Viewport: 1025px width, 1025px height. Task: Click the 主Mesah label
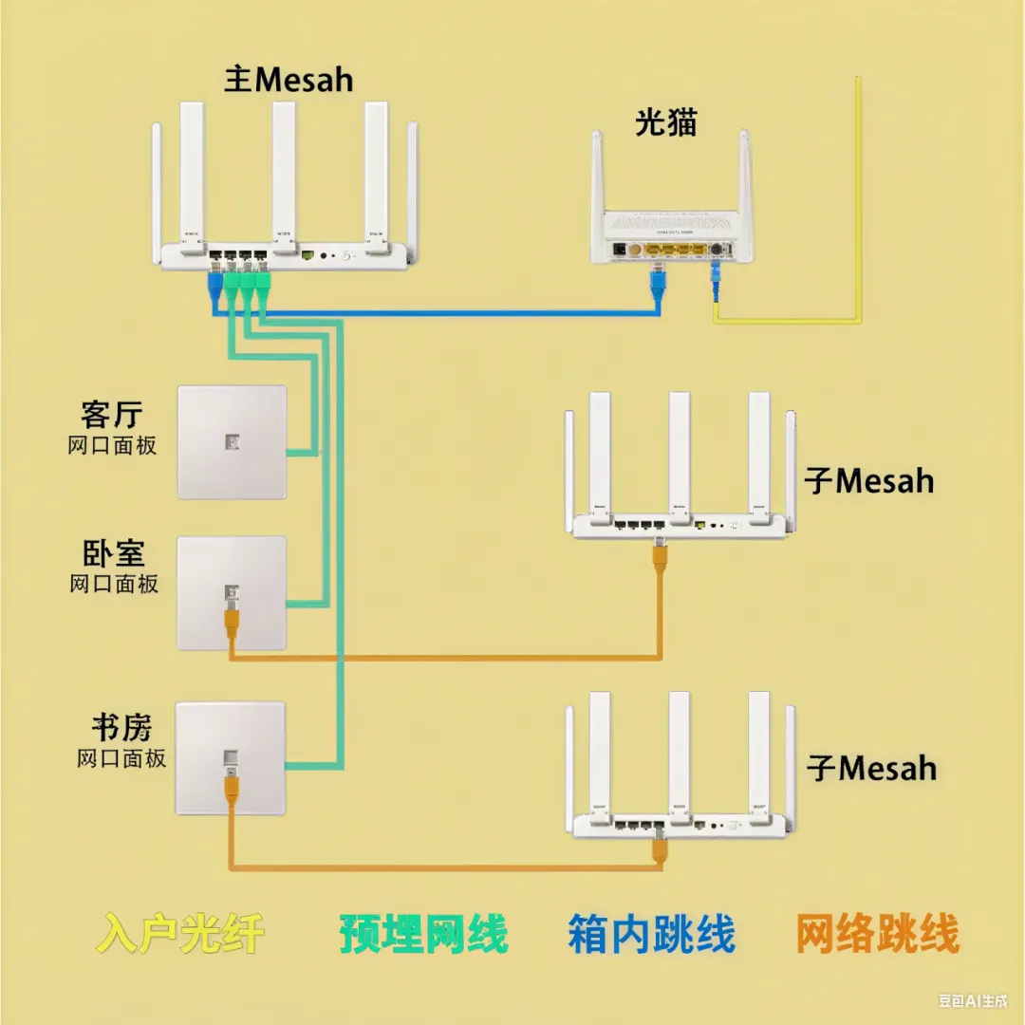(289, 80)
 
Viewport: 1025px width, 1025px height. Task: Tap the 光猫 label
(665, 122)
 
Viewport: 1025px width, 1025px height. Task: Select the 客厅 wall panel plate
(232, 441)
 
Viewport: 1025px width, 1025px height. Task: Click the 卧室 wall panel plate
(232, 593)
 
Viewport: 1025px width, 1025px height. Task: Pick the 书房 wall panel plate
(231, 757)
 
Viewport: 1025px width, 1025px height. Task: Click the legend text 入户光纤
(180, 934)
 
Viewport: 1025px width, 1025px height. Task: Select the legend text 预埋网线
(423, 934)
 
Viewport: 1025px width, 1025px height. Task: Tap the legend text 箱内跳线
(652, 934)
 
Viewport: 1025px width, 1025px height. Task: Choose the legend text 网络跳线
(877, 934)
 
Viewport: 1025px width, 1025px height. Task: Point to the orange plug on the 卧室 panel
(230, 621)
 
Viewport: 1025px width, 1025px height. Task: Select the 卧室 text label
(112, 553)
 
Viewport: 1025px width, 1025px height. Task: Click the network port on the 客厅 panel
(231, 441)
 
